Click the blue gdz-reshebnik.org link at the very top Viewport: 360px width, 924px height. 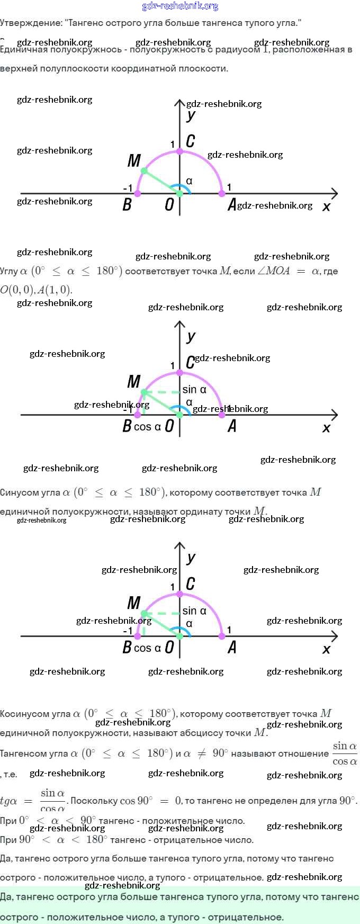180,6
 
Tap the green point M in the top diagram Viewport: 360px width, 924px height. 144,171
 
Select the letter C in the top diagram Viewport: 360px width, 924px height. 190,141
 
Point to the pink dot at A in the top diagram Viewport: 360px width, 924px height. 222,194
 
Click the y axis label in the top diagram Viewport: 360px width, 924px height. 191,115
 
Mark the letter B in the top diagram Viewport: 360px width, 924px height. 127,204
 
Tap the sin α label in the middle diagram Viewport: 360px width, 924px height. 194,390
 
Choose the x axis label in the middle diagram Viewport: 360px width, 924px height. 326,428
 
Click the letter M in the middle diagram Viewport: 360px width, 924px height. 133,381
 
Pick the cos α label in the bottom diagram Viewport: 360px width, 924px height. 147,648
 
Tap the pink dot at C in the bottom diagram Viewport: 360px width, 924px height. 179,594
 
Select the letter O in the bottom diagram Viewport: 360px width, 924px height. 169,647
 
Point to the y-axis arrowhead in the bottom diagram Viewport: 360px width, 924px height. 179,546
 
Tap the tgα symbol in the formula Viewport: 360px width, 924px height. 8,801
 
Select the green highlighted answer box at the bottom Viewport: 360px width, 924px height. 180,907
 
